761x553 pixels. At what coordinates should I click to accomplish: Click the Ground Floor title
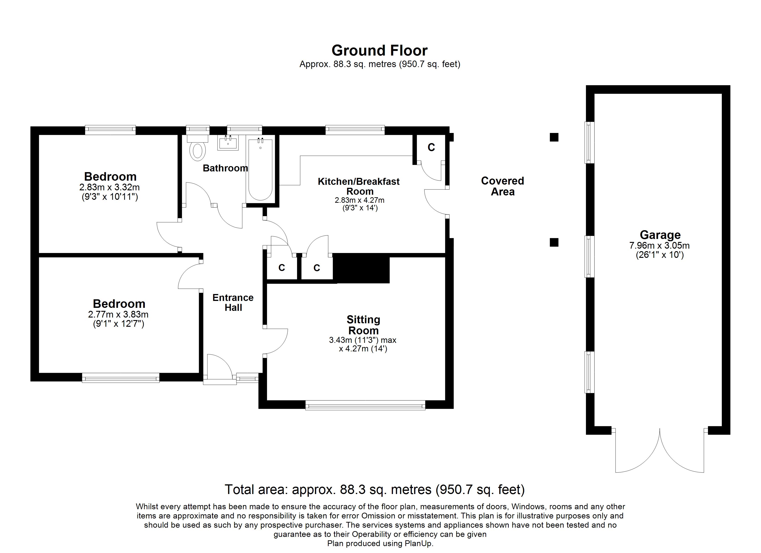pyautogui.click(x=380, y=51)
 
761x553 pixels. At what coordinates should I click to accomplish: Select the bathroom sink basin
pyautogui.click(x=228, y=143)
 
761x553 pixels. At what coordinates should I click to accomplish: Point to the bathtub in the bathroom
pyautogui.click(x=260, y=169)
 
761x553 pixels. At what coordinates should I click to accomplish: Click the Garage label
pyautogui.click(x=660, y=235)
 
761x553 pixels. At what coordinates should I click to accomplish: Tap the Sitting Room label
pyautogui.click(x=363, y=325)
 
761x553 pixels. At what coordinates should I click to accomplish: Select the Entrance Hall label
pyautogui.click(x=233, y=303)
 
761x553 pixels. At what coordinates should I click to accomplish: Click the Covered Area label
pyautogui.click(x=502, y=186)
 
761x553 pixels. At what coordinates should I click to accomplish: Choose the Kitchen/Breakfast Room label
pyautogui.click(x=359, y=186)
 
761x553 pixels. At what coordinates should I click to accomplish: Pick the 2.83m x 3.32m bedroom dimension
pyautogui.click(x=110, y=187)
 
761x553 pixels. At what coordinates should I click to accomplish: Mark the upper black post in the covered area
pyautogui.click(x=554, y=137)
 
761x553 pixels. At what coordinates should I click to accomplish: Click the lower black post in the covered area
pyautogui.click(x=554, y=242)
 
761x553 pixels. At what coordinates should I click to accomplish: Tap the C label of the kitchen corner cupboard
pyautogui.click(x=431, y=147)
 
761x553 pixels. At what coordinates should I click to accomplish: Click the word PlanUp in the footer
pyautogui.click(x=418, y=544)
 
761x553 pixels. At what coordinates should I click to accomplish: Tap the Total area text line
pyautogui.click(x=375, y=490)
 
